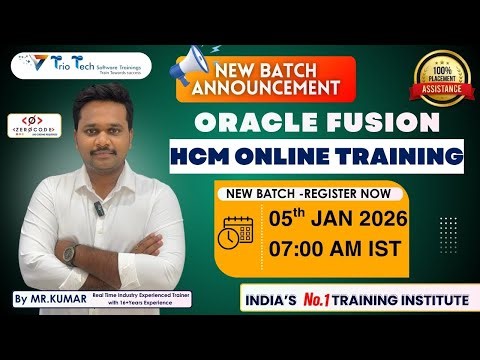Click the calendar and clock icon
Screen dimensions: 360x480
click(237, 233)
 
